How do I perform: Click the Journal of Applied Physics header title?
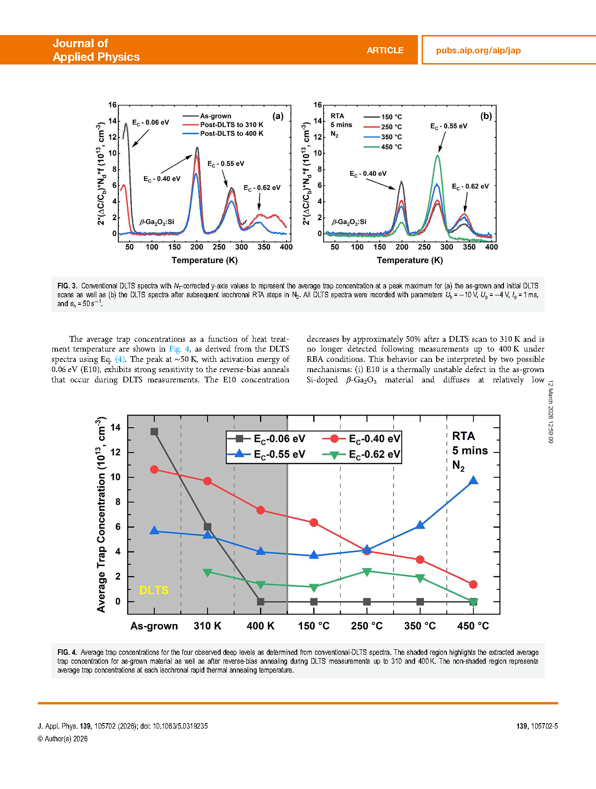click(x=96, y=50)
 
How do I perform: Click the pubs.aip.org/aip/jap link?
click(x=478, y=50)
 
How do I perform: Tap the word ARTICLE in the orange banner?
click(x=385, y=50)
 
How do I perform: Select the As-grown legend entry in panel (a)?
click(x=215, y=116)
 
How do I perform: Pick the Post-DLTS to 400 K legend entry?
click(x=231, y=134)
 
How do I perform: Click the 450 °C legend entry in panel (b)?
click(x=391, y=147)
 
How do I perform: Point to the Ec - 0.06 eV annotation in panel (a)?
click(x=150, y=122)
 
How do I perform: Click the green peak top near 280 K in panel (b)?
click(x=438, y=155)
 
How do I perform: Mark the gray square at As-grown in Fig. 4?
click(x=154, y=431)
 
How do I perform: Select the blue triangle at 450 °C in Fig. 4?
click(x=473, y=481)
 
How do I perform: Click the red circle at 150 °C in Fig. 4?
click(x=314, y=523)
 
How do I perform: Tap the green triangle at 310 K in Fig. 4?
click(x=208, y=572)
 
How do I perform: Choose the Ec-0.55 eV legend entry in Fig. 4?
click(x=279, y=454)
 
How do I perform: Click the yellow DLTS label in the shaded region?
click(x=154, y=590)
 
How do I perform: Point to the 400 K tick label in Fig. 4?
click(x=260, y=626)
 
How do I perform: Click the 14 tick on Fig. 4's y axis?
click(x=115, y=427)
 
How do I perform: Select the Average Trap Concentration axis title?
click(x=101, y=514)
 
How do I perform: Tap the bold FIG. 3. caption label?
click(x=67, y=286)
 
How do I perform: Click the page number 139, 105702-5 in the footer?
click(x=537, y=726)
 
